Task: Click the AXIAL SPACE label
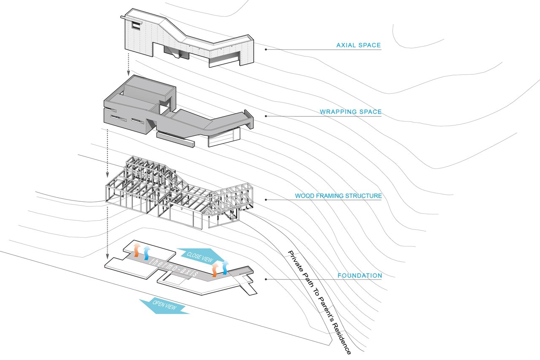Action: pos(358,45)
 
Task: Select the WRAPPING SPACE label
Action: pos(350,112)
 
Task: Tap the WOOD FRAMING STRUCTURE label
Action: pos(338,196)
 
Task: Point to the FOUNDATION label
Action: pos(359,276)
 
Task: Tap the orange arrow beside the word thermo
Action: pos(136,250)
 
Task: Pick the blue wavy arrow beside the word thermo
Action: pos(146,252)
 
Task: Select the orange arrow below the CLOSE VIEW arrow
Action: pos(215,269)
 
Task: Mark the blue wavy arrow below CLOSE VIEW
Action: pos(225,268)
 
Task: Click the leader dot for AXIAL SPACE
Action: pos(266,49)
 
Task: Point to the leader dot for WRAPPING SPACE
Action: pos(266,116)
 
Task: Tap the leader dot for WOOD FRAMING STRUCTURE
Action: pos(266,200)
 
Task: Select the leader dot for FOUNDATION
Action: pos(266,279)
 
